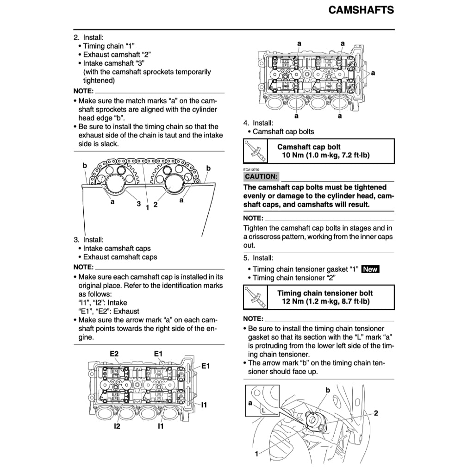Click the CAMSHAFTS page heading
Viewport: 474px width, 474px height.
[361, 10]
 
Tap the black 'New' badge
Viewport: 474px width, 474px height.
[370, 269]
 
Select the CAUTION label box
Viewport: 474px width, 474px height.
[262, 177]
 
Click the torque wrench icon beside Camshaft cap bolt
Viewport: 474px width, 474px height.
[256, 151]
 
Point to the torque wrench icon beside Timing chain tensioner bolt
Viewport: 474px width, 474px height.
[256, 297]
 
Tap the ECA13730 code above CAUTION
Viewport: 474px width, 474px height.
[252, 170]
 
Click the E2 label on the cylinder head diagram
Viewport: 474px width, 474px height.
[114, 354]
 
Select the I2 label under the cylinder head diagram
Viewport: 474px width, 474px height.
[117, 426]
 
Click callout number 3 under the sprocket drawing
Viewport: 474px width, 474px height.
[138, 203]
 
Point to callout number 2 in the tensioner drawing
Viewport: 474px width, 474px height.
[376, 413]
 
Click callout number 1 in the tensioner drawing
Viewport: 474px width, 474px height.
[256, 454]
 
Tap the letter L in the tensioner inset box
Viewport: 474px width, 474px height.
[263, 410]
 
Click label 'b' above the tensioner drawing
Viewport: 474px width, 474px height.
[327, 390]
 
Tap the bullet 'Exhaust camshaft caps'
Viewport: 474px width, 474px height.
[119, 257]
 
